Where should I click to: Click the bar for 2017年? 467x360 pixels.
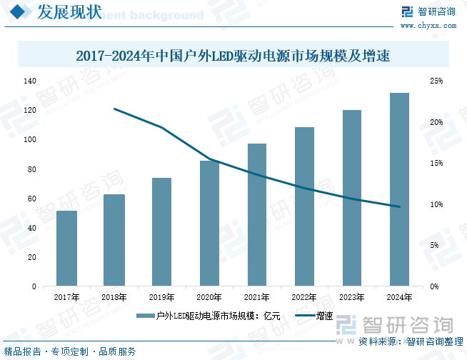point(66,248)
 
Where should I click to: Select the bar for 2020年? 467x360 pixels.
point(209,223)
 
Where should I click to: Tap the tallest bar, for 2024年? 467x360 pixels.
point(399,189)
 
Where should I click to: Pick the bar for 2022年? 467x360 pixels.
point(304,206)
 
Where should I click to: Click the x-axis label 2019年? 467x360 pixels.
point(161,297)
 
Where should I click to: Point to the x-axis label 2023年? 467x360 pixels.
point(351,297)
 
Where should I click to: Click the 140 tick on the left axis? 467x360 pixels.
point(29,81)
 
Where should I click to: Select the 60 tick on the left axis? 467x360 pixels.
point(31,199)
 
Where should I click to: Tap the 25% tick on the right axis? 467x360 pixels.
point(436,81)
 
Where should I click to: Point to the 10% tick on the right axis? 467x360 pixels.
point(436,205)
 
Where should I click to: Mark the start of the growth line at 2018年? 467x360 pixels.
point(114,109)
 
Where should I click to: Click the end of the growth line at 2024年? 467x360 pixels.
point(399,207)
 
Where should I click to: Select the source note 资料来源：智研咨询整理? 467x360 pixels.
point(411,342)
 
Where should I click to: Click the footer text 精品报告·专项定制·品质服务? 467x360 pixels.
point(70,352)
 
